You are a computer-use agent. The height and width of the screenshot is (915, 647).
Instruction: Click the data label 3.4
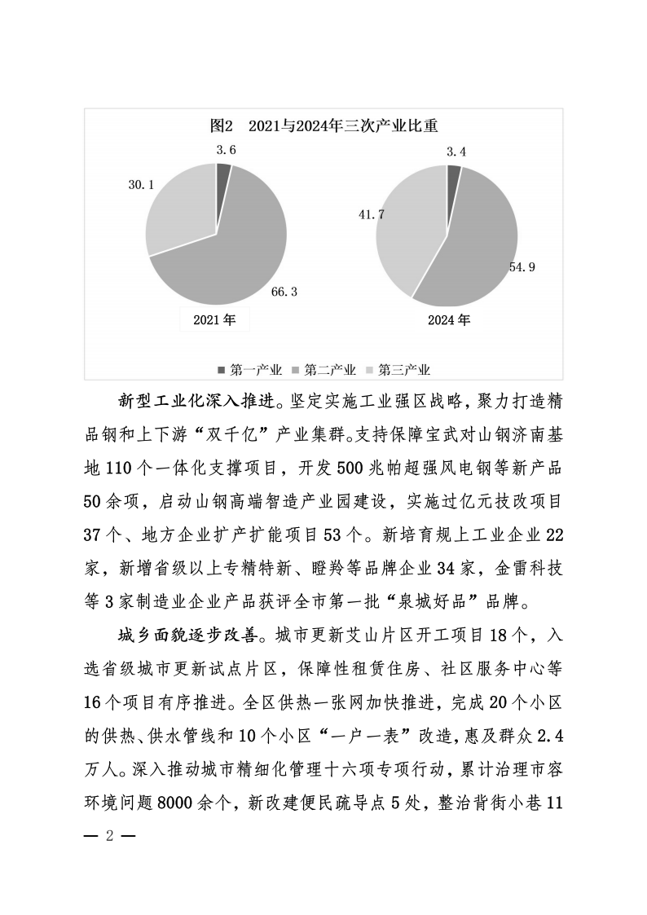pyautogui.click(x=456, y=151)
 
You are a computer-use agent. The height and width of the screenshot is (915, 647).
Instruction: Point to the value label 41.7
pyautogui.click(x=371, y=214)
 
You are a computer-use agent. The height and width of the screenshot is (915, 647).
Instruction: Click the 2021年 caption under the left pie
pyautogui.click(x=214, y=320)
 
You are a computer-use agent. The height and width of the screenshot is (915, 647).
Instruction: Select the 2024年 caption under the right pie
pyautogui.click(x=449, y=320)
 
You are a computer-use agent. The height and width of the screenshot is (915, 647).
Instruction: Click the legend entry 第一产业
pyautogui.click(x=249, y=370)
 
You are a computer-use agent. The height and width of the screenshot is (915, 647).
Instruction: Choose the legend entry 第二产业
pyautogui.click(x=323, y=370)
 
